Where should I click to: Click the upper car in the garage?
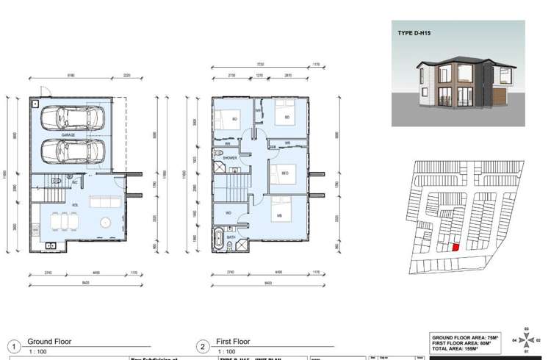pyautogui.click(x=71, y=117)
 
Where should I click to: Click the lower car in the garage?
pyautogui.click(x=72, y=152)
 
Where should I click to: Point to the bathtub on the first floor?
pyautogui.click(x=220, y=238)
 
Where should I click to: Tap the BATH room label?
pyautogui.click(x=231, y=238)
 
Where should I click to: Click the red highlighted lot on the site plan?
pyautogui.click(x=455, y=248)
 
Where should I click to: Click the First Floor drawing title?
pyautogui.click(x=233, y=342)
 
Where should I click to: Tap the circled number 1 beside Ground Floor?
pyautogui.click(x=13, y=347)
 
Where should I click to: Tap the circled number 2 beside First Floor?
pyautogui.click(x=202, y=347)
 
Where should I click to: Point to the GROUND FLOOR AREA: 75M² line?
pyautogui.click(x=466, y=337)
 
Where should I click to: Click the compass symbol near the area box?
pyautogui.click(x=527, y=340)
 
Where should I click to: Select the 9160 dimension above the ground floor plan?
pyautogui.click(x=71, y=75)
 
